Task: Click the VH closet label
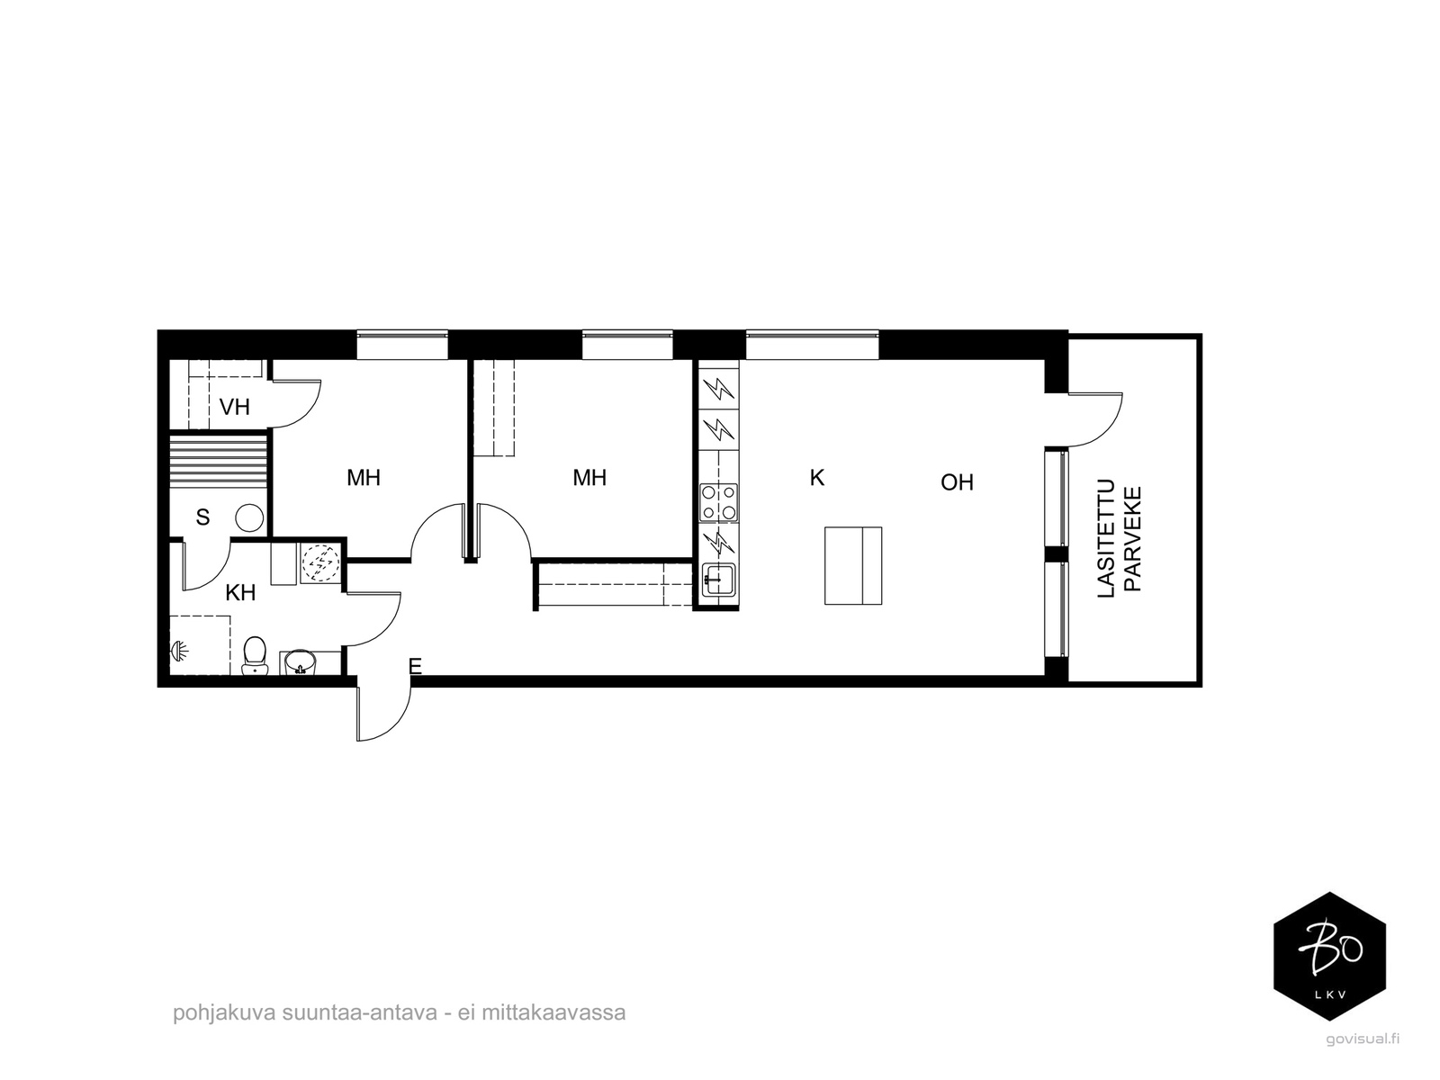click(234, 407)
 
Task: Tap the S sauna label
click(202, 517)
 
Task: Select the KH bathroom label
click(240, 593)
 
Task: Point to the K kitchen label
click(817, 478)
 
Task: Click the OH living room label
click(957, 482)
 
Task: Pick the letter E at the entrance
click(415, 666)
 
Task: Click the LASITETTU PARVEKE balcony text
click(1120, 538)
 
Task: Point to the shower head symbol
click(179, 651)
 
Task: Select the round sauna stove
click(249, 518)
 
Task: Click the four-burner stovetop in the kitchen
click(719, 502)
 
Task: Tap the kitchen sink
click(719, 580)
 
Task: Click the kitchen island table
click(853, 565)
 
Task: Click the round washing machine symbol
click(320, 563)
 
